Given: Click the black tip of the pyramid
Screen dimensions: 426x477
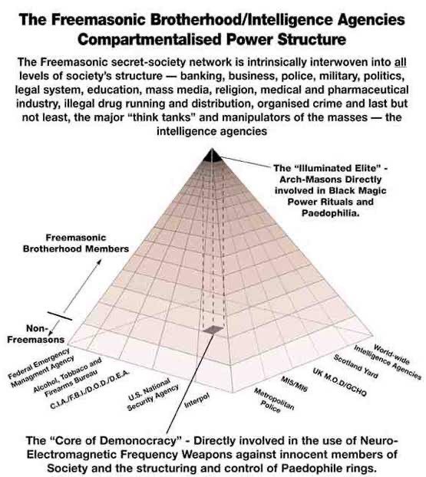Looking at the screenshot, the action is (x=213, y=156).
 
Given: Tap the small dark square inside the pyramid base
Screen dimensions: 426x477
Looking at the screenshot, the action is (x=213, y=329).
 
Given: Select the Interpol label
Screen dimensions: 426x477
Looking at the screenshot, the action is (x=197, y=400).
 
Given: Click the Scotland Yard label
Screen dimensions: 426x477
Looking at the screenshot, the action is (x=355, y=367).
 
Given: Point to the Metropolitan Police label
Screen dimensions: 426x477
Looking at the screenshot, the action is (x=273, y=400).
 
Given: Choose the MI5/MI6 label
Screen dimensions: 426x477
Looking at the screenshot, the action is (x=294, y=384).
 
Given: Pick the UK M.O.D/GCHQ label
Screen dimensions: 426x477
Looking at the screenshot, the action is (x=339, y=382).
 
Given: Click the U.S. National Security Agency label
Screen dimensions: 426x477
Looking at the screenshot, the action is (x=153, y=394).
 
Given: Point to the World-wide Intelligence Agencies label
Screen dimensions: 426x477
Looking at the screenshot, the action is (x=388, y=361).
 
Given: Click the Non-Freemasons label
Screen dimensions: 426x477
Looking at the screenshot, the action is (x=36, y=334).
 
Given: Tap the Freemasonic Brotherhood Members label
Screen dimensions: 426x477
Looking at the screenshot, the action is (x=76, y=243).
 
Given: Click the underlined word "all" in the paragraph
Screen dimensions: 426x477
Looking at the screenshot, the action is (x=401, y=62).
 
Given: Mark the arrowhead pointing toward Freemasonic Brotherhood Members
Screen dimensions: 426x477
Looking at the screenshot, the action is (x=99, y=262).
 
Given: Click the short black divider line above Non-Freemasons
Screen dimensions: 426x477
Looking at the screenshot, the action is (x=60, y=316).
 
